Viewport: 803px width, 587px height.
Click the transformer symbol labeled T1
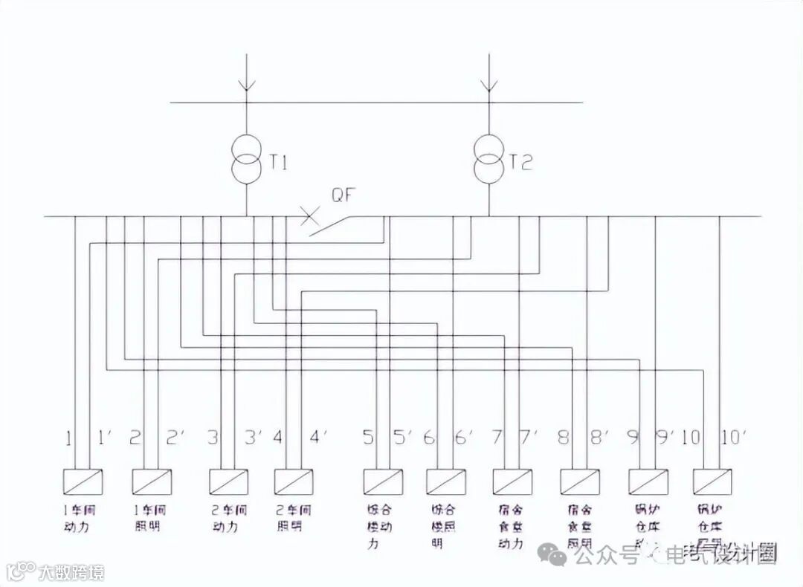[246, 158]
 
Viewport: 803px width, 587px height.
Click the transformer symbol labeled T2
[489, 158]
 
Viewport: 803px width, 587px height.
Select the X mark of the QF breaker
[309, 217]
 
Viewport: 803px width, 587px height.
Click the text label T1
[278, 163]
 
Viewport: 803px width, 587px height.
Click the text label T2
[521, 163]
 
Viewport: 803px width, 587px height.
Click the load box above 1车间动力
[83, 481]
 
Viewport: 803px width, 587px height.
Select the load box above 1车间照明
[152, 481]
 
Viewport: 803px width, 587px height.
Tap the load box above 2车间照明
[294, 481]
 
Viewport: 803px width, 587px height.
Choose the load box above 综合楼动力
[382, 481]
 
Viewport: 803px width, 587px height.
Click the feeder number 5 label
[368, 438]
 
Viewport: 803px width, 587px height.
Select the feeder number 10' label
[732, 438]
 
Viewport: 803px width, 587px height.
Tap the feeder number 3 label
[213, 438]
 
